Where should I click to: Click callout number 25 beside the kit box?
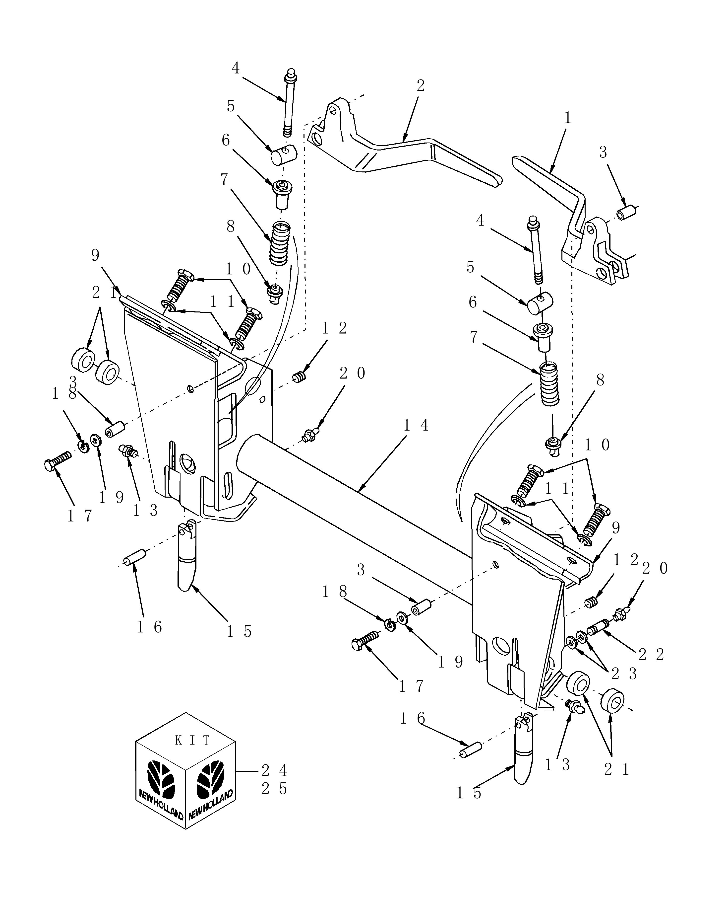[x=274, y=789]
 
